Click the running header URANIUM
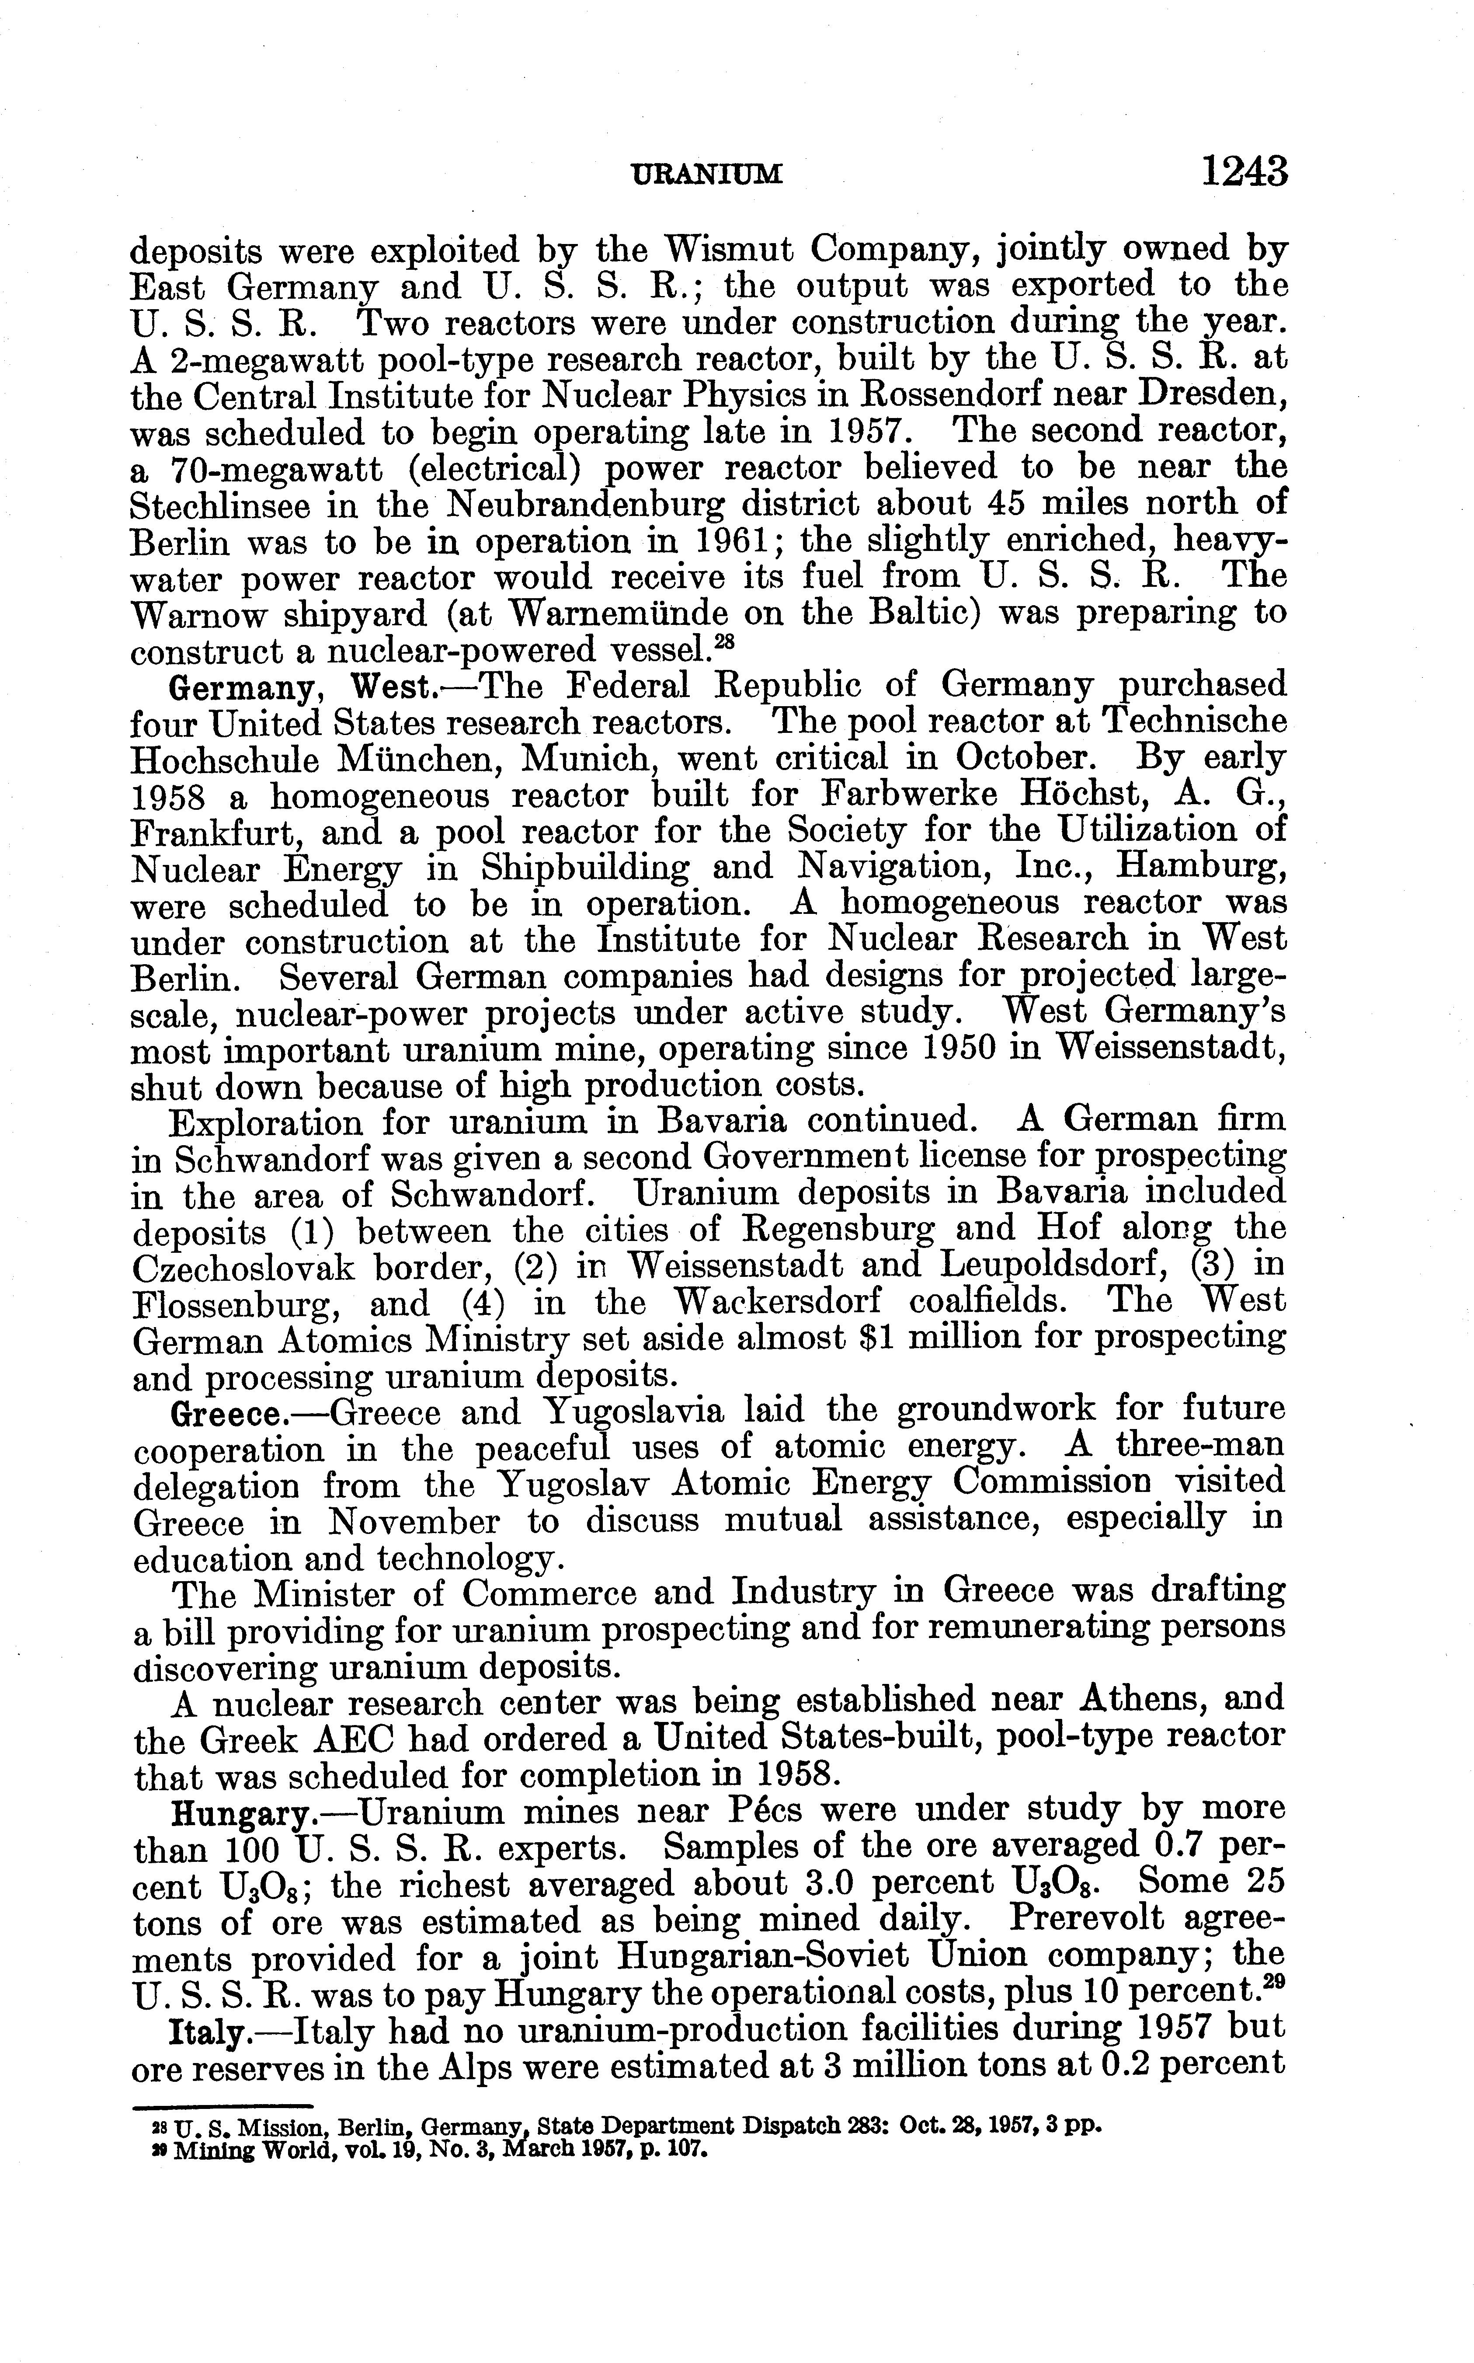pos(708,174)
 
